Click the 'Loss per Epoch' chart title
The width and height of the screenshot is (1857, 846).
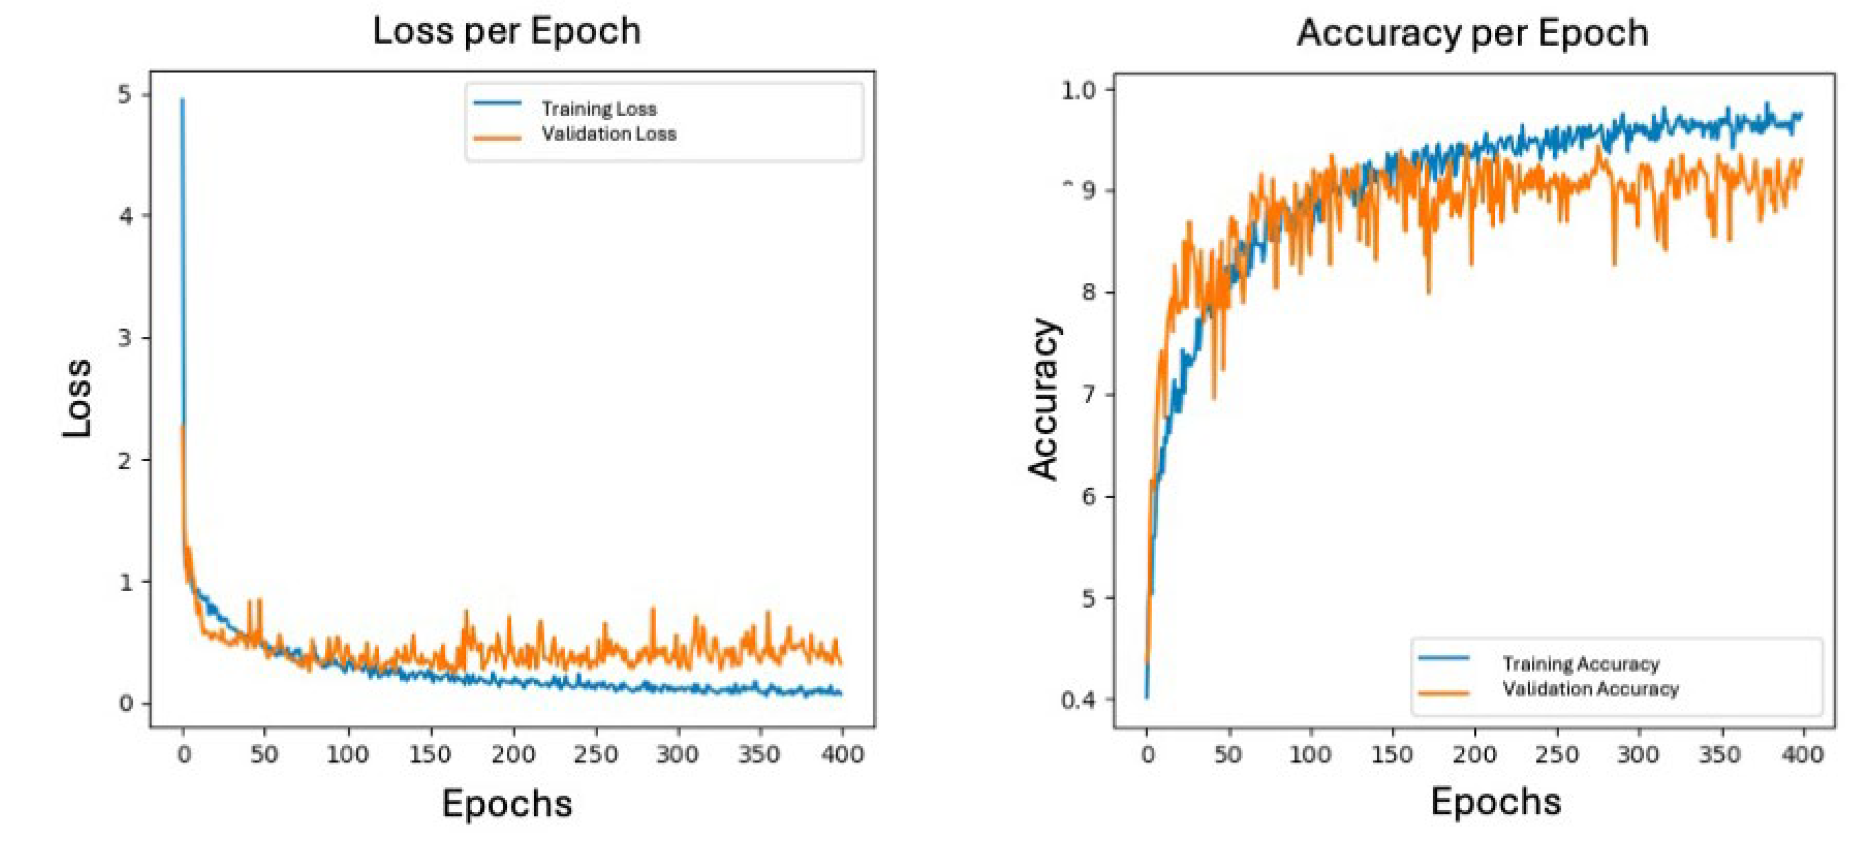point(507,32)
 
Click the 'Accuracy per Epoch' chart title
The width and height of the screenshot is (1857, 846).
point(1472,33)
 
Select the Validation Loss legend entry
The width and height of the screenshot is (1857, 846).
point(608,134)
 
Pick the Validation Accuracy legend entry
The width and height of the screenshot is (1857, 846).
point(1590,689)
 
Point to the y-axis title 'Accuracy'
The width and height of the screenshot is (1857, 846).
point(1044,399)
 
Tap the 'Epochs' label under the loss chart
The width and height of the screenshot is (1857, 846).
point(507,803)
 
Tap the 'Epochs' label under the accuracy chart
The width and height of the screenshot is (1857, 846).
point(1496,802)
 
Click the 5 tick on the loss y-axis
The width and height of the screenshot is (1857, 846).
point(126,95)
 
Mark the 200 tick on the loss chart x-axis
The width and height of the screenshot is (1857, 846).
point(514,755)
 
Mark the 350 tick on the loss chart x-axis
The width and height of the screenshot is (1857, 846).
point(760,755)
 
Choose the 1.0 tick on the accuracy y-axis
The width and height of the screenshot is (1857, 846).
point(1078,91)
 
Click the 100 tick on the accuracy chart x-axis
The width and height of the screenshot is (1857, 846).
point(1310,755)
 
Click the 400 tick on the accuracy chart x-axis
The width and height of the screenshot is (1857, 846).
point(1802,755)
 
